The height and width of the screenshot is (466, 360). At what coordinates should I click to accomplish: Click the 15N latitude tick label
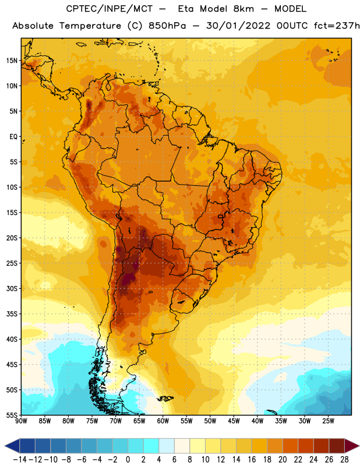coord(12,61)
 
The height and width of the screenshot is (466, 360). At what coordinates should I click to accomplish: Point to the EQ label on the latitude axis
coord(13,137)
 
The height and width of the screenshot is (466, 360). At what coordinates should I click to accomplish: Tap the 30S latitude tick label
coord(12,288)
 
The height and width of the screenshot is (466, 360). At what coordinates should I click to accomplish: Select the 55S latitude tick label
coord(12,415)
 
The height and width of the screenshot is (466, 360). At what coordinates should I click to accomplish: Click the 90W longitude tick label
coord(21,421)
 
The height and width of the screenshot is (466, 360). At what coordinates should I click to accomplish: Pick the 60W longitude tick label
coord(163,421)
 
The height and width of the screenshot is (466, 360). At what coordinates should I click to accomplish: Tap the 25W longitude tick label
coord(328,421)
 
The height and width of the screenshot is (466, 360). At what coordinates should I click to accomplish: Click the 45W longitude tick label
coord(234,421)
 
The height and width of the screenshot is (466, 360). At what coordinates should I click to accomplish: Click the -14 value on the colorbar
coord(20,460)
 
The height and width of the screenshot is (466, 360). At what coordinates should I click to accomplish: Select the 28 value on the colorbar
coord(344,460)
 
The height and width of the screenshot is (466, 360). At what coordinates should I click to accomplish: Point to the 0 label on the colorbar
coord(128,460)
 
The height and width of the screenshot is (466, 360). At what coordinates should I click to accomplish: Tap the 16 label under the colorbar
coord(252,460)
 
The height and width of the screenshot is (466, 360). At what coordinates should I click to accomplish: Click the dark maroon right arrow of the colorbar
coord(352,446)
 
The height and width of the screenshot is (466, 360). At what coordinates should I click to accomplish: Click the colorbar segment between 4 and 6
coord(167,446)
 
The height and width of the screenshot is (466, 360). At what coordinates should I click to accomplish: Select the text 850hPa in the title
coord(167,26)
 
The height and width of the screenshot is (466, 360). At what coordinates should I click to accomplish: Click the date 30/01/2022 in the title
coord(238,26)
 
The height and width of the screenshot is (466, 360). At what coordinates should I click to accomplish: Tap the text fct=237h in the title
coord(337,26)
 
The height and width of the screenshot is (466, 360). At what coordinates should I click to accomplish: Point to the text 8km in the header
coord(243,9)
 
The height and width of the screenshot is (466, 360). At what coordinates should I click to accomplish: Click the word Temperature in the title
coord(90,26)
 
